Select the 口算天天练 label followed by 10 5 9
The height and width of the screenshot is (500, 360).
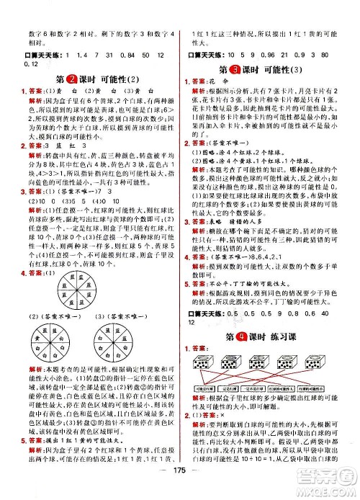pos(202,55)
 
